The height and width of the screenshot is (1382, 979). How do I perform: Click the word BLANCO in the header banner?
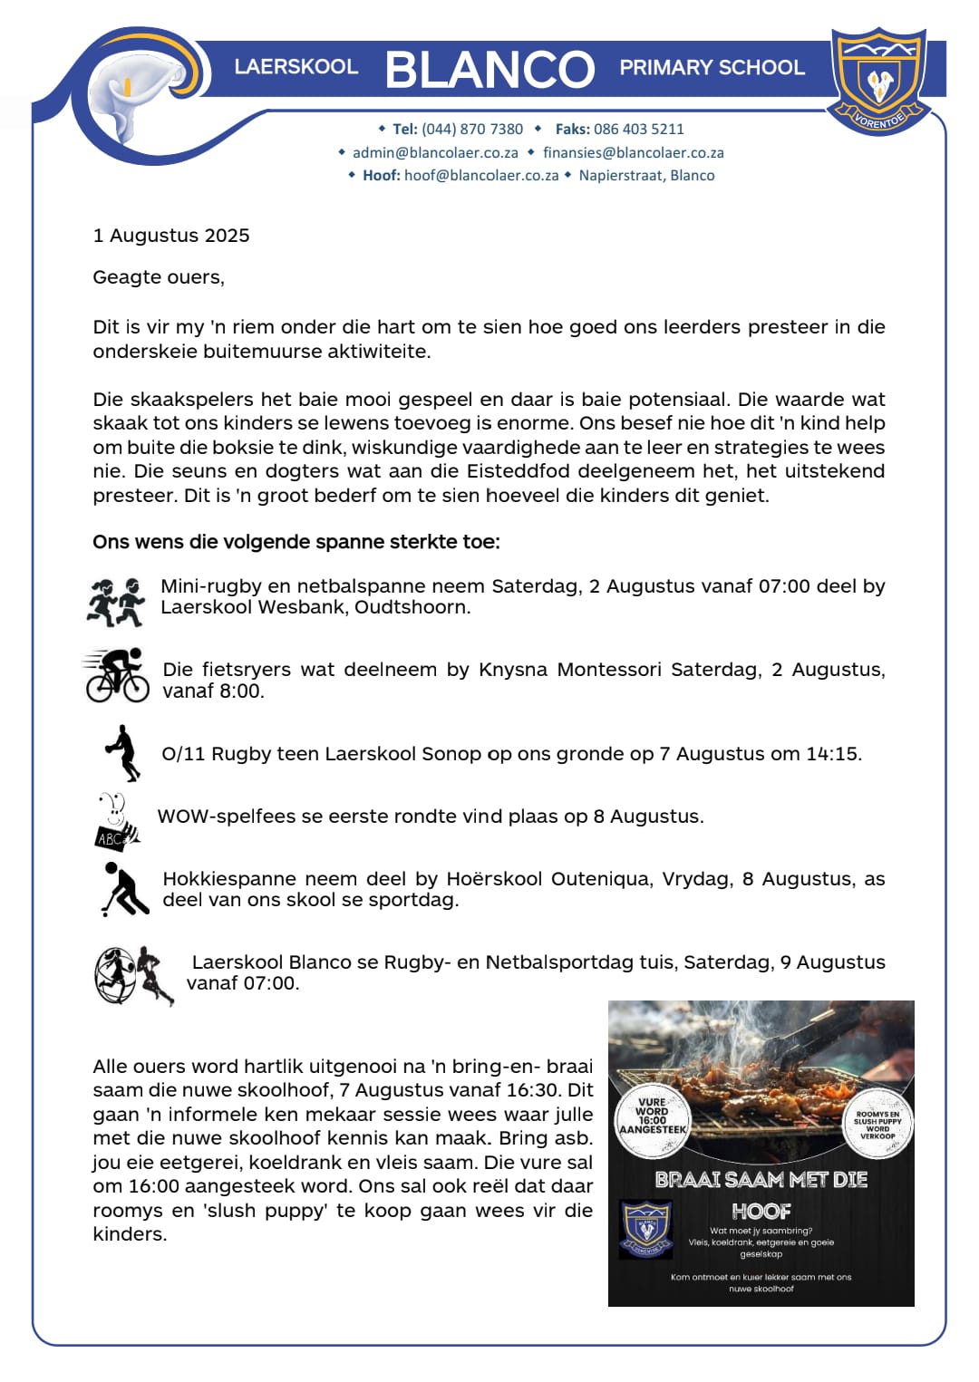(489, 70)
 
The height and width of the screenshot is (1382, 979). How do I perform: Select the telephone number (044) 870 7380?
(472, 130)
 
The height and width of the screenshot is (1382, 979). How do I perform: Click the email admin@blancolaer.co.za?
(435, 153)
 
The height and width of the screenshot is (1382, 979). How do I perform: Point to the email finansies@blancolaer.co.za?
(633, 153)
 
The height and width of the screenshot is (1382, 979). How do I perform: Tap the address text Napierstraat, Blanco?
(646, 176)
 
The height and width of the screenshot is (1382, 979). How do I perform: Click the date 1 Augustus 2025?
(170, 236)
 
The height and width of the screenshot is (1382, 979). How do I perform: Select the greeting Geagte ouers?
(158, 277)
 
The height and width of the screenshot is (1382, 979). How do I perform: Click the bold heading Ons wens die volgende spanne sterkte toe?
(296, 542)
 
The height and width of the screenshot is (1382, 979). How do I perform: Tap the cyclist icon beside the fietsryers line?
(117, 676)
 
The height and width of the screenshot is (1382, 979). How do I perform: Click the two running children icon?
(116, 603)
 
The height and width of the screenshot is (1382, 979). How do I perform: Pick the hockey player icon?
(124, 889)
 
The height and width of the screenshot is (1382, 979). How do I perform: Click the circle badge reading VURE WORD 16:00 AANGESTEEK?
(653, 1116)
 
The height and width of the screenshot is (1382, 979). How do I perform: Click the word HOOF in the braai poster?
(761, 1212)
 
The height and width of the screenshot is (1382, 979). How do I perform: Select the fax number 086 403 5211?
(638, 130)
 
